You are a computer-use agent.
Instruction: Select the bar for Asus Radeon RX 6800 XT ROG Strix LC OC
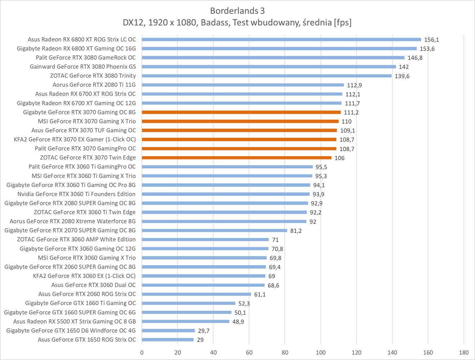coord(281,40)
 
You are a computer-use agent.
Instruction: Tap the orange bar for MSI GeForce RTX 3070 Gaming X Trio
coord(240,121)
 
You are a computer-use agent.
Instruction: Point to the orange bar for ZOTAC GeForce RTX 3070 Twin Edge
coord(237,158)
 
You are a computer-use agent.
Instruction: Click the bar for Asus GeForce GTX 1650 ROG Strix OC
coord(168,339)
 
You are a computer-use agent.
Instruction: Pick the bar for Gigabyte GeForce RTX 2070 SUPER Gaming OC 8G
coord(214,230)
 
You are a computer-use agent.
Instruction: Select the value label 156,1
coord(432,40)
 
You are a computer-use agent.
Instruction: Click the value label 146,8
coord(415,58)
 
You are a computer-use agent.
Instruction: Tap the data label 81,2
coord(296,231)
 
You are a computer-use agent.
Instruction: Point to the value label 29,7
coord(203,330)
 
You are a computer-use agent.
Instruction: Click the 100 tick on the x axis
coord(321,352)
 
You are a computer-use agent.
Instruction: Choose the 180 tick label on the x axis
coord(464,352)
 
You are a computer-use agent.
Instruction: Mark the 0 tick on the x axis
coord(142,352)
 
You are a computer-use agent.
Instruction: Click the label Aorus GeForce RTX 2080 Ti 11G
coord(94,85)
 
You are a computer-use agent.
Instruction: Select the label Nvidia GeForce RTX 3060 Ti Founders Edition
coord(76,194)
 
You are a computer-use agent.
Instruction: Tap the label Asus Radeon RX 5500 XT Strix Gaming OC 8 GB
coord(75,321)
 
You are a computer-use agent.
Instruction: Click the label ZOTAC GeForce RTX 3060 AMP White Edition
coord(76,239)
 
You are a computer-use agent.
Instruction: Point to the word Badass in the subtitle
coord(215,22)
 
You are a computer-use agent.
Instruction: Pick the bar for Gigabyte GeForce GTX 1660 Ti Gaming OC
coord(188,303)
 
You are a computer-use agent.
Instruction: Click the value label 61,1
coord(260,294)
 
